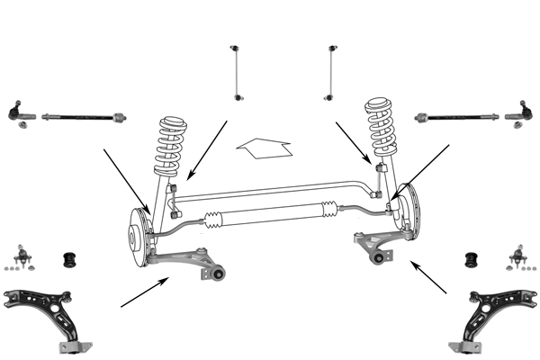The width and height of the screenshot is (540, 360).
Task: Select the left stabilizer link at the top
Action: pyautogui.click(x=238, y=71)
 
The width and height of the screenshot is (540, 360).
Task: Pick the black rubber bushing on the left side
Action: pyautogui.click(x=67, y=260)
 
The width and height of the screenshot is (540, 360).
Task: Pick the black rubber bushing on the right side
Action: pyautogui.click(x=469, y=260)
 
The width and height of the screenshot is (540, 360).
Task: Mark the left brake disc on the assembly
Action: pyautogui.click(x=138, y=236)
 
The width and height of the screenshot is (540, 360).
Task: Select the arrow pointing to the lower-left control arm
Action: pyautogui.click(x=145, y=293)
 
